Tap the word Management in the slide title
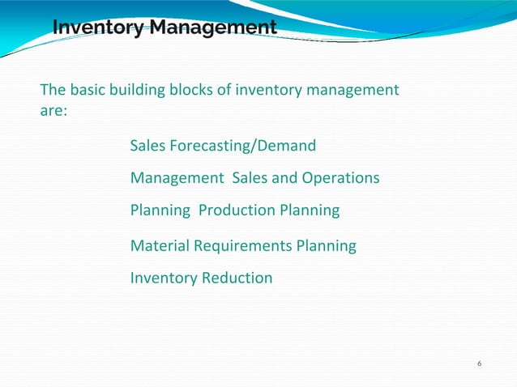[x=212, y=28]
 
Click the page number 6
[x=480, y=363]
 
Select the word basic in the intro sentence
[x=90, y=89]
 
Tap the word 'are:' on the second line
[x=53, y=111]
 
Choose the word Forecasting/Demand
[x=245, y=147]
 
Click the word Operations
[x=341, y=177]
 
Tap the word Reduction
[x=237, y=278]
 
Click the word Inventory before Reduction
[x=163, y=278]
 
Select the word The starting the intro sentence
[x=53, y=89]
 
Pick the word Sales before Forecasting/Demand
[x=148, y=147]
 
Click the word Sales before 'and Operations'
[x=250, y=177]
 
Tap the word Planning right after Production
[x=310, y=211]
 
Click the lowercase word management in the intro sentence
[x=351, y=89]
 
